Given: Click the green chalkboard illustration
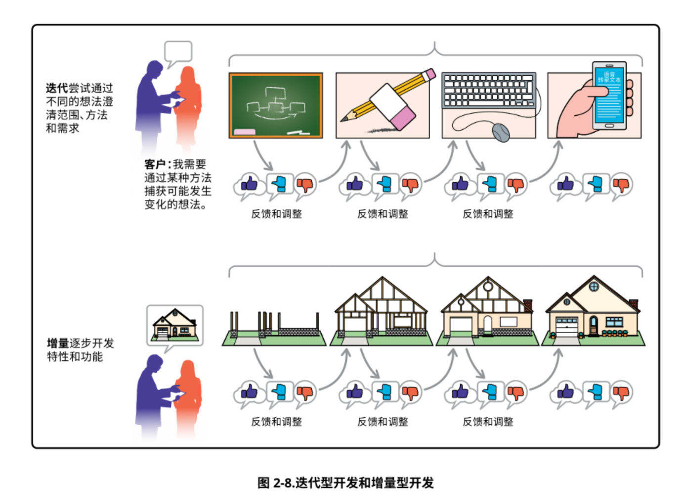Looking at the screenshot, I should [x=275, y=105].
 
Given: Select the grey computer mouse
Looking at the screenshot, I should [x=501, y=133].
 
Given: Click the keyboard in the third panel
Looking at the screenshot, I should [x=488, y=90].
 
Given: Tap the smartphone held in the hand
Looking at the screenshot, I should [x=609, y=95].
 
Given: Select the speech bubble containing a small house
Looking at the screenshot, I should [x=174, y=325].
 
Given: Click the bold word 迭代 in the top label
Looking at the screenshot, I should [x=57, y=88].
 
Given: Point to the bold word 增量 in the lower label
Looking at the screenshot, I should [x=58, y=343].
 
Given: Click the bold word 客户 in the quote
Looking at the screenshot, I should [x=155, y=164].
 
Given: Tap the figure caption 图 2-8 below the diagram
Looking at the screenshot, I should [x=345, y=483].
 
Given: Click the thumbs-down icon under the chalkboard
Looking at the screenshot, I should [x=305, y=185].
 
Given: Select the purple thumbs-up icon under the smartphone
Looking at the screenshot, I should [x=565, y=184].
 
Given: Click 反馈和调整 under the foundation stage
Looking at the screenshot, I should [x=276, y=422].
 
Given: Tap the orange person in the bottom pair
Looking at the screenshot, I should [x=188, y=396].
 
